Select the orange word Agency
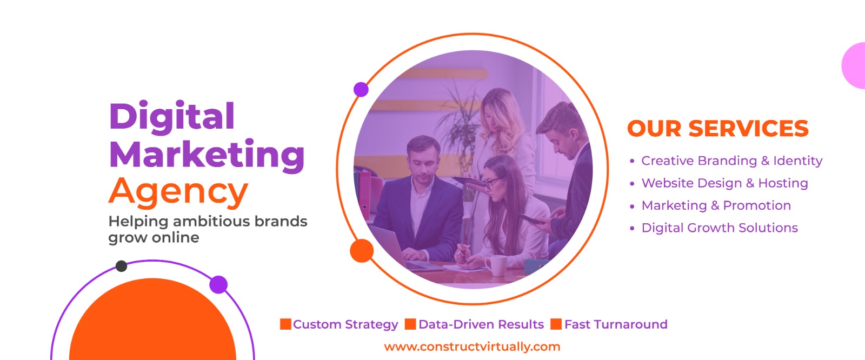pos(178,192)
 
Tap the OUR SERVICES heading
pos(718,129)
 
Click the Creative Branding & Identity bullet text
pos(732,161)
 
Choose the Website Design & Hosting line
pos(725,183)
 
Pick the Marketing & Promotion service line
pos(716,205)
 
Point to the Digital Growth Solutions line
pos(720,228)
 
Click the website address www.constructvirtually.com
pos(472,346)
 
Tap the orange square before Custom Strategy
pos(286,324)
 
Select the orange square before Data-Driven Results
pos(410,324)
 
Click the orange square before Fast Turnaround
pos(556,324)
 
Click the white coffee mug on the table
pos(496,265)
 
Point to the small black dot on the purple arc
pos(121,266)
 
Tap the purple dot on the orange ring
pos(361,90)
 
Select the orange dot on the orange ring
pos(362,251)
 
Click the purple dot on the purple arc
pos(218,285)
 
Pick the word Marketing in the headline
pos(207,155)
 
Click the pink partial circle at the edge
pos(854,65)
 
